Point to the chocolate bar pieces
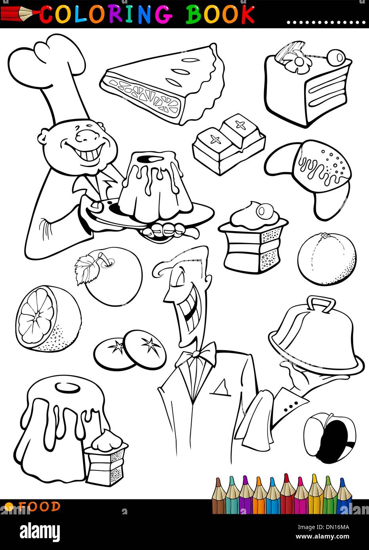click(x=228, y=144)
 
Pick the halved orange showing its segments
click(x=48, y=319)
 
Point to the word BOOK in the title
click(x=220, y=15)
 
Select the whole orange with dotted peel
click(x=327, y=259)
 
